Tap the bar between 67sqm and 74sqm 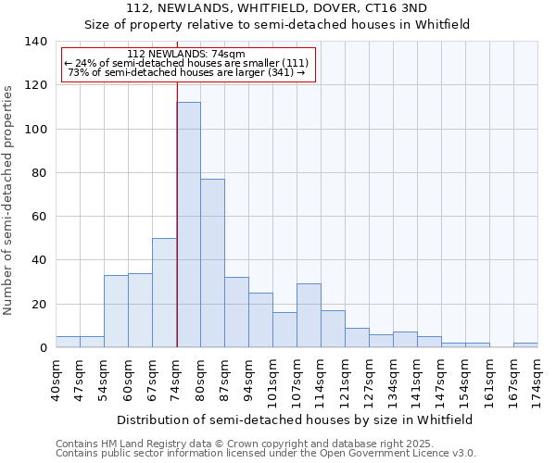click(x=164, y=293)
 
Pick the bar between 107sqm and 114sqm click(x=309, y=316)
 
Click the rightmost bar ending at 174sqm click(x=525, y=345)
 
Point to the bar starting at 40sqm click(x=68, y=342)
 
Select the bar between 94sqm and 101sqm click(x=260, y=320)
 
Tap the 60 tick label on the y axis click(x=39, y=217)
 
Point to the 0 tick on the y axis click(x=43, y=348)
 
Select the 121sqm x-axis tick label click(x=346, y=378)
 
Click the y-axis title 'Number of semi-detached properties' click(x=8, y=199)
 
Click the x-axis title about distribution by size click(x=296, y=419)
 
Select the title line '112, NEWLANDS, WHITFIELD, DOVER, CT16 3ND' click(x=277, y=7)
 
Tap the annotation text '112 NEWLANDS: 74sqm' click(x=186, y=55)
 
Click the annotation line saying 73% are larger click(x=186, y=72)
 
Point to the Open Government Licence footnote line click(x=266, y=453)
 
